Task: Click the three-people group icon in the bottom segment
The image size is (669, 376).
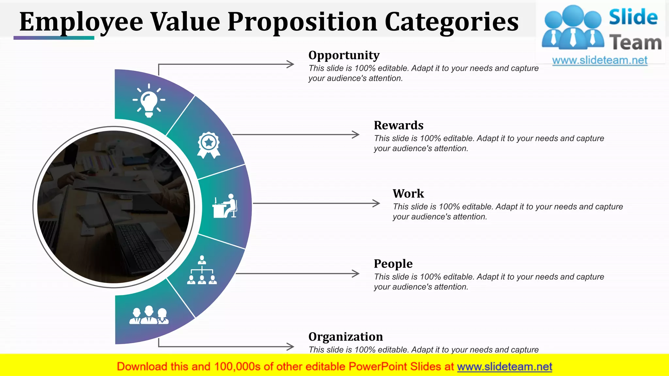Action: point(149,315)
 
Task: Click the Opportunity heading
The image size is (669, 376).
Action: point(344,55)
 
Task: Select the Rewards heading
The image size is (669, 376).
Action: point(399,125)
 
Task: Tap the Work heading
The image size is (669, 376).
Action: point(408,194)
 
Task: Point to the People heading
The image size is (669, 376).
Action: point(393,264)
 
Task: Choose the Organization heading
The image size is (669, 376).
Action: point(346,337)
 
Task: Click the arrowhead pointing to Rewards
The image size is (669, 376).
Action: point(356,134)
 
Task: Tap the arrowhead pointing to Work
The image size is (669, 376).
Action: point(377,203)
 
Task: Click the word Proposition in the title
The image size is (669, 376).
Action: point(302,22)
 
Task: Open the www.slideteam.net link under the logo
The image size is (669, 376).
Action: point(600,60)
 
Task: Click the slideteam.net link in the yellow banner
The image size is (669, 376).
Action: point(504,367)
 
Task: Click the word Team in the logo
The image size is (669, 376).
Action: point(635,43)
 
